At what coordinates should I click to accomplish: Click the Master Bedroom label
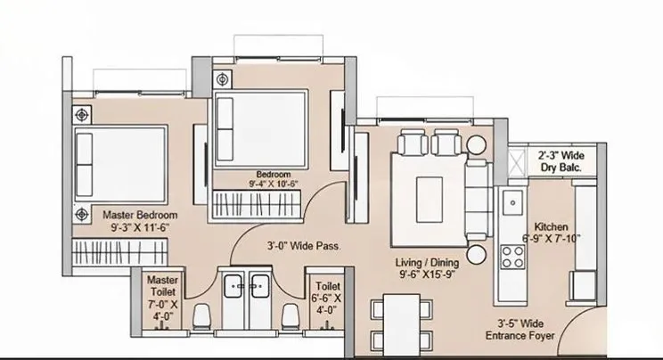point(140,215)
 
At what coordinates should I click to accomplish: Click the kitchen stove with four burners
point(512,258)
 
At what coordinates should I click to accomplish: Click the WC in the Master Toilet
point(202,315)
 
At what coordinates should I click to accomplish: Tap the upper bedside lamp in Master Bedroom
point(83,114)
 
